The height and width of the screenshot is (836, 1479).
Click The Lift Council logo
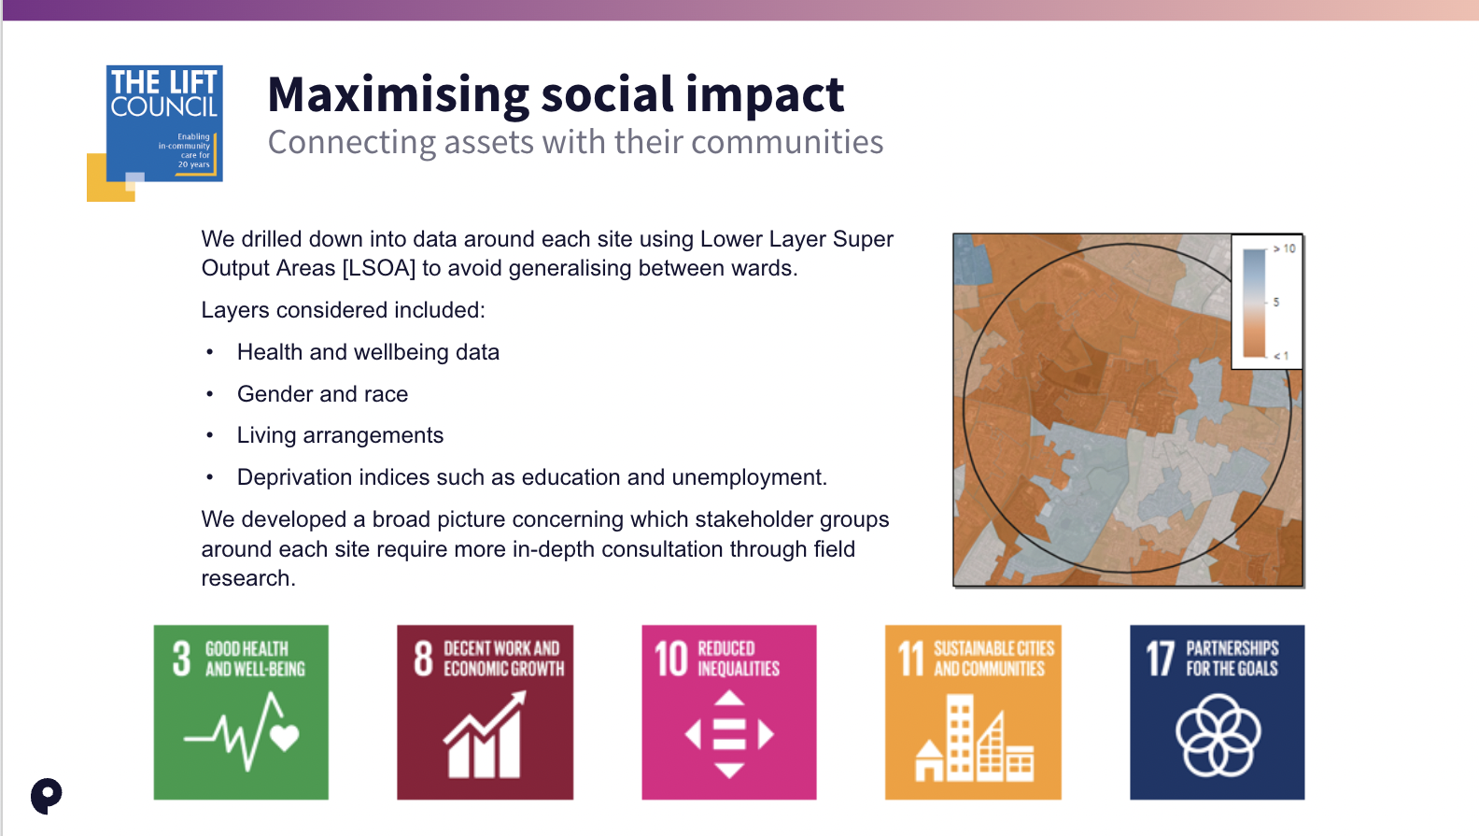tap(155, 132)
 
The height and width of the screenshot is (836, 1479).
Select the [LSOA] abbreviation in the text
tap(378, 268)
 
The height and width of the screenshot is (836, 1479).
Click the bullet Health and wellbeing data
tap(368, 352)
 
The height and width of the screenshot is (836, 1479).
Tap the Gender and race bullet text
tap(322, 393)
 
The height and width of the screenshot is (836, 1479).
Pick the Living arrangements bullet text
tap(340, 435)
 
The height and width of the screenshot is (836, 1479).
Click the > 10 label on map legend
tap(1284, 248)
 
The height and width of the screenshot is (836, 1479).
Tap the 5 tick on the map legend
tap(1276, 302)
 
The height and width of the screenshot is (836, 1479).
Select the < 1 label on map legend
tap(1281, 356)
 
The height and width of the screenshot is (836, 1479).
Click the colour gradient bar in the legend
tap(1254, 303)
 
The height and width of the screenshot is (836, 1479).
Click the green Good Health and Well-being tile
tap(241, 712)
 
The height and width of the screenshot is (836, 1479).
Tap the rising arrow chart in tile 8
tap(486, 734)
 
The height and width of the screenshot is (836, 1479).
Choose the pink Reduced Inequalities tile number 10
tap(729, 712)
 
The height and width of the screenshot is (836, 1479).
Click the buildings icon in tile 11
tap(974, 738)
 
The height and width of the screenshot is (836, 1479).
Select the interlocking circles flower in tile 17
tap(1218, 734)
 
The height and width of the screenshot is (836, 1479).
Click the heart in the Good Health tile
tap(285, 737)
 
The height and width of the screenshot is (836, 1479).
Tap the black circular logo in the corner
tap(47, 796)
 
